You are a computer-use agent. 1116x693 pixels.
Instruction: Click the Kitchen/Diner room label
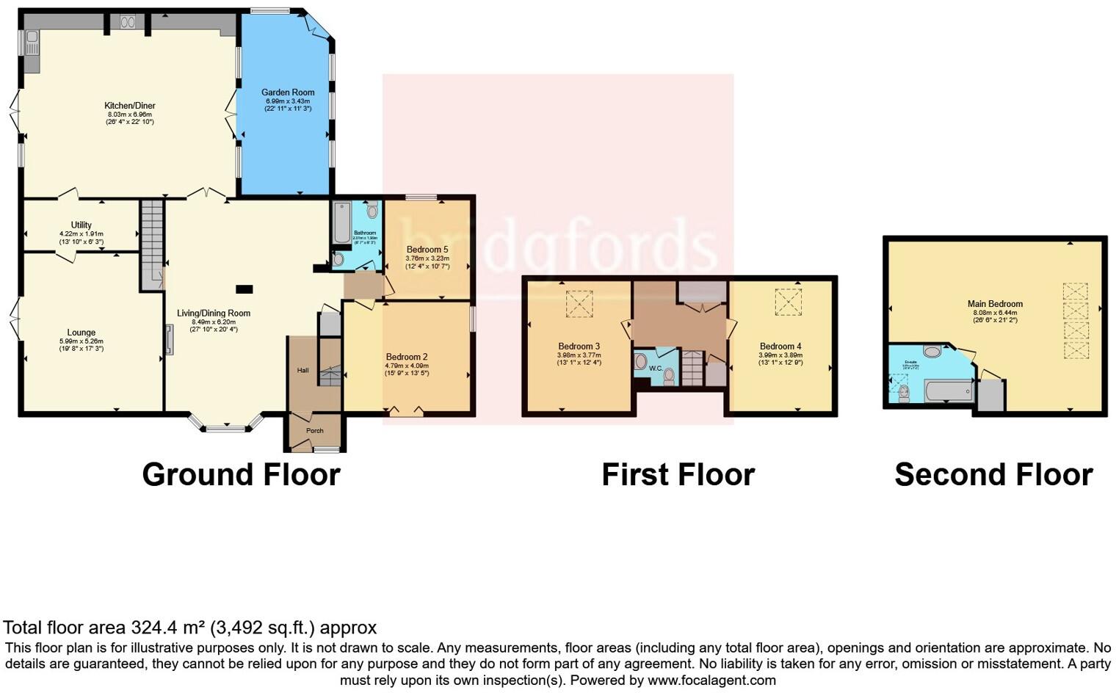(129, 106)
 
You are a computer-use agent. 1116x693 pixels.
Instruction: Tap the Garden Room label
(288, 92)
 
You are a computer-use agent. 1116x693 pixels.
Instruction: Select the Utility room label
(81, 225)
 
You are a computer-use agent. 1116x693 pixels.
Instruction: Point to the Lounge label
(81, 333)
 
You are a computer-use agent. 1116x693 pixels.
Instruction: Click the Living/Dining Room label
(214, 313)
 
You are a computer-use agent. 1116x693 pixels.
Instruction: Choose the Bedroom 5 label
(427, 250)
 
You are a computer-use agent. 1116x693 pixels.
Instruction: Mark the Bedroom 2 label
(406, 357)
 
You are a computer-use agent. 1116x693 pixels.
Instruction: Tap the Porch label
(314, 431)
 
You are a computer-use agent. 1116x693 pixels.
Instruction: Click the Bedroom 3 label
(579, 346)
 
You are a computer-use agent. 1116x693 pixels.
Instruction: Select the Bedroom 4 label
(780, 346)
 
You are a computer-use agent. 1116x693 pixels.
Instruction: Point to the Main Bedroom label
(995, 304)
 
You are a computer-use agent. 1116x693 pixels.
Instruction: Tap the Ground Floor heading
(241, 475)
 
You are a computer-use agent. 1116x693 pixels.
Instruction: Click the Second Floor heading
(993, 475)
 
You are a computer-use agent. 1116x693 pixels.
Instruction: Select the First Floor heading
(678, 475)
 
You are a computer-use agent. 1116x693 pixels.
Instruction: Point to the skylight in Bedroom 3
(579, 304)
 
